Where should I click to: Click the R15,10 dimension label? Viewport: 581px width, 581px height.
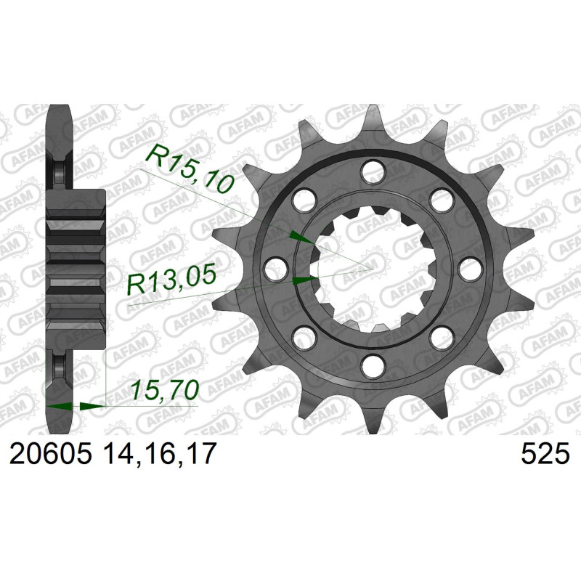point(190,168)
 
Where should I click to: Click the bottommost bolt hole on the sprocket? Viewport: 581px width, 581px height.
point(374,365)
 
